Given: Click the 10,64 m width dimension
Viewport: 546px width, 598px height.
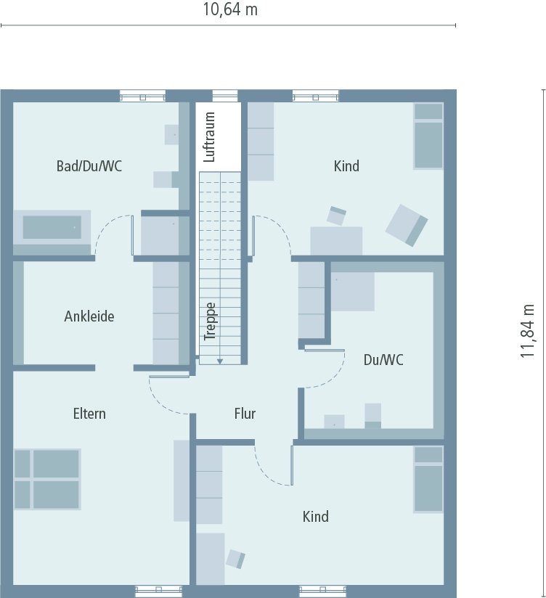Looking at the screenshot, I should [229, 10].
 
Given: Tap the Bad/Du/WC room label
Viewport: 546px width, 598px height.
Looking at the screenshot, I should [89, 166].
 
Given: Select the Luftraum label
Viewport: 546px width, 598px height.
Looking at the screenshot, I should [211, 136].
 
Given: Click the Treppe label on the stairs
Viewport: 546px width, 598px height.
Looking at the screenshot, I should [211, 321].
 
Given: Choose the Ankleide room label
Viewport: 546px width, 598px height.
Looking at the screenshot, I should [89, 316].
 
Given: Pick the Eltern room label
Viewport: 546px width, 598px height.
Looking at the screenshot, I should [89, 414].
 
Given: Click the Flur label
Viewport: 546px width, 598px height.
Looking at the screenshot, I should [245, 414].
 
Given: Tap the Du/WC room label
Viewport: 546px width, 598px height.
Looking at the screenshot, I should [383, 359].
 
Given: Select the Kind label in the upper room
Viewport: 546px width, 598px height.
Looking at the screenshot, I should [346, 166].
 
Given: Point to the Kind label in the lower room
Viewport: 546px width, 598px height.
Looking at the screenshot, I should [316, 517].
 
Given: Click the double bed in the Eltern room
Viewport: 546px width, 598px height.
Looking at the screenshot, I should [47, 479].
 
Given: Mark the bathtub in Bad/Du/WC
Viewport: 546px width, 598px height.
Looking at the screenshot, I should [52, 228].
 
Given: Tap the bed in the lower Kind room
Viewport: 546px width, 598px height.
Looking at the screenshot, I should [428, 479].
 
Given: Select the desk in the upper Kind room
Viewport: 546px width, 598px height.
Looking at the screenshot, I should [336, 240].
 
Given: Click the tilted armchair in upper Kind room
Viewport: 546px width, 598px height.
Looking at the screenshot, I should [407, 224].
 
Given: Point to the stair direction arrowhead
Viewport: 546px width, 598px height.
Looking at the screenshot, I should [219, 360].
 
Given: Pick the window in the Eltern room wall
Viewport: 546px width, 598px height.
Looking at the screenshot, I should [159, 591].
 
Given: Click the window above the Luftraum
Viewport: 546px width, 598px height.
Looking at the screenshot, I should [225, 96].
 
